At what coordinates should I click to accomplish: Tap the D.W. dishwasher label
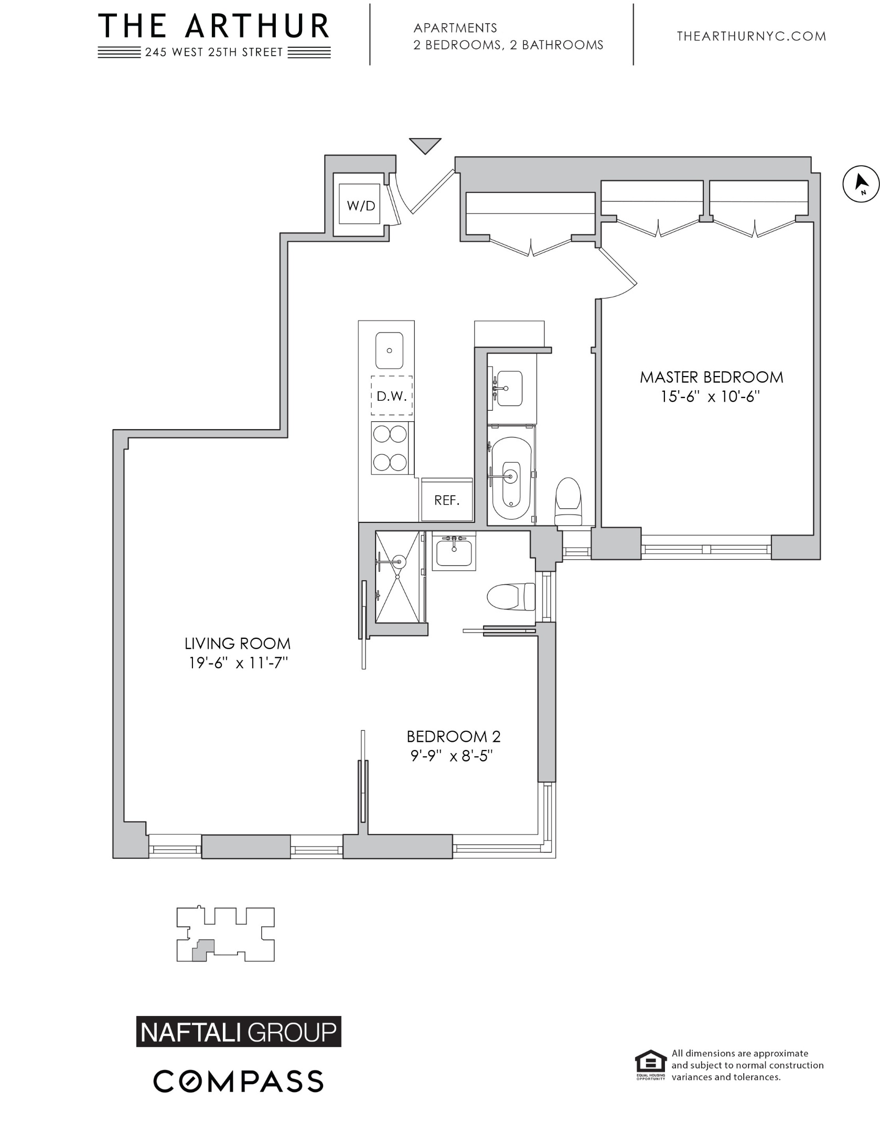tap(392, 396)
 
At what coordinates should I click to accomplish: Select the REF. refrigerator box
tap(446, 499)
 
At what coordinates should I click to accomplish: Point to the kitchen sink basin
tap(389, 350)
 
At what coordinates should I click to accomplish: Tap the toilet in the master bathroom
tap(568, 501)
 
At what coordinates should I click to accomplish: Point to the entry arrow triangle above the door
tap(425, 145)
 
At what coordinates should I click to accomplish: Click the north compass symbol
tap(861, 184)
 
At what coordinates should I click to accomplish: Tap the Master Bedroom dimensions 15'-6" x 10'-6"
tap(711, 397)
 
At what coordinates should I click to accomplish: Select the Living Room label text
tap(237, 643)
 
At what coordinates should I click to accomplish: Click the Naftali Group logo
tap(239, 1031)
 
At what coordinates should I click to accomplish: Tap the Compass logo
tap(239, 1081)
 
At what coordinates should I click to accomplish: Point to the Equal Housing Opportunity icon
tap(650, 1065)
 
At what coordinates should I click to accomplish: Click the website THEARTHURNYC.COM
tap(752, 36)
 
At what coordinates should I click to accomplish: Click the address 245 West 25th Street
tap(214, 52)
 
